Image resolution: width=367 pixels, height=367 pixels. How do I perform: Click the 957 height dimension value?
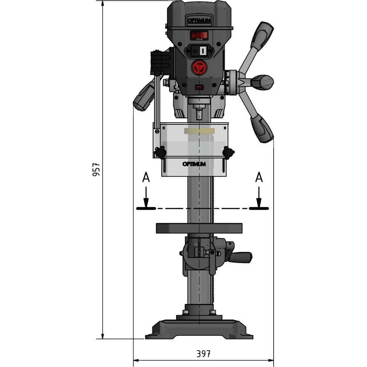[x=96, y=169]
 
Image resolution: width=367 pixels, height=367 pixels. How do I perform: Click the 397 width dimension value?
[x=203, y=353]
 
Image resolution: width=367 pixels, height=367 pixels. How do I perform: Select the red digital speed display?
[x=199, y=35]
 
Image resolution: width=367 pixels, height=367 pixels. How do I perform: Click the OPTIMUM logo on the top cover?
[x=199, y=20]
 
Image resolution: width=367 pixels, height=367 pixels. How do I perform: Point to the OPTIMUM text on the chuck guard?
[x=194, y=164]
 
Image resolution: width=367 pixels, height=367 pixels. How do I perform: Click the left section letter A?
[x=146, y=177]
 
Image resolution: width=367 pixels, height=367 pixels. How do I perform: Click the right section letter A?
[x=259, y=177]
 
